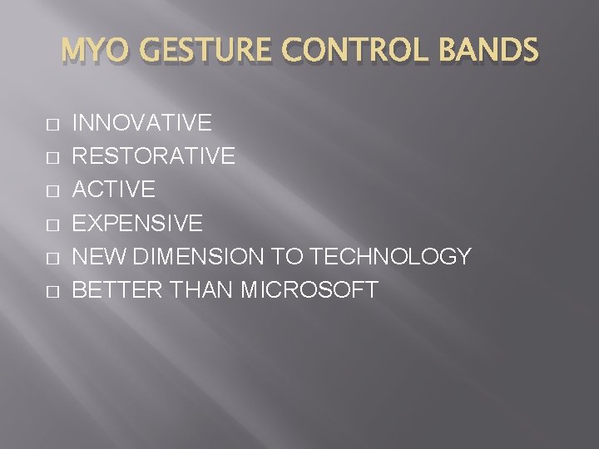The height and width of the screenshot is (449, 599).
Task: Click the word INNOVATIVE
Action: coord(142,124)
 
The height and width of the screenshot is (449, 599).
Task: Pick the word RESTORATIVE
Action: coord(154,157)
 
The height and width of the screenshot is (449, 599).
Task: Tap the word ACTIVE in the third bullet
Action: coord(114,190)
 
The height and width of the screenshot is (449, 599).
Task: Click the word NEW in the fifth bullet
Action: coord(97,257)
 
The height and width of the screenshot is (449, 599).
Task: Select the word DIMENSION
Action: coord(196,257)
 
